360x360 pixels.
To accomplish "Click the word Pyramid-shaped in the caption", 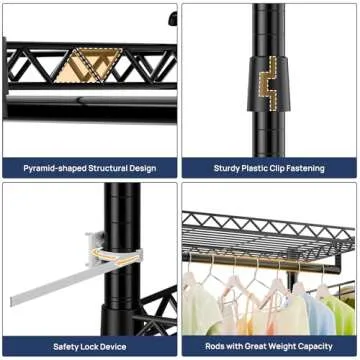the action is click(x=54, y=168).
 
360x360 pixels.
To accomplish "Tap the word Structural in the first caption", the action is click(x=107, y=168).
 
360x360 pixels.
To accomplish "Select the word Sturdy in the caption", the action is click(x=226, y=168).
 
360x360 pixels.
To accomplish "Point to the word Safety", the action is click(x=65, y=347).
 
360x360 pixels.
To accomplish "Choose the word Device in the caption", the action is click(x=113, y=347).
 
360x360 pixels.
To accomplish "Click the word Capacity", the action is click(x=314, y=346).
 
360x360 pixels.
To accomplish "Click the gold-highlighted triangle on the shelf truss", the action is click(x=89, y=65).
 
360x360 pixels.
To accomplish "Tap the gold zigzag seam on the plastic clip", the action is click(x=268, y=83).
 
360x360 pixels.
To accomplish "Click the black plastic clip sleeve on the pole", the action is click(x=269, y=83).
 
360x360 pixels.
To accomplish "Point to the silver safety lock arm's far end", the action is click(x=13, y=301).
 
